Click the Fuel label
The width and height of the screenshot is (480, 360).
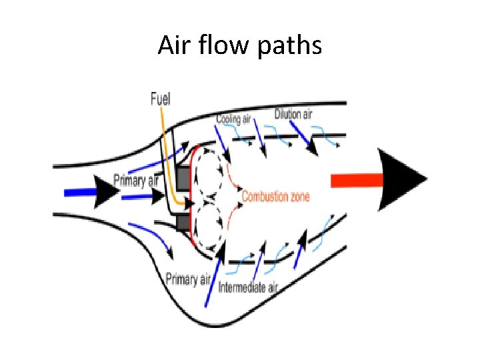160,99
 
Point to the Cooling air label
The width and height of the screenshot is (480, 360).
234,119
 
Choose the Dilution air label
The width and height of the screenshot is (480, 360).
293,114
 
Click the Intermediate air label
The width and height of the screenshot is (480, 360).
248,288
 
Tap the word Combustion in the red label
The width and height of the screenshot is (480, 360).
265,197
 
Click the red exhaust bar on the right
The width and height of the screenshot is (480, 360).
356,179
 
